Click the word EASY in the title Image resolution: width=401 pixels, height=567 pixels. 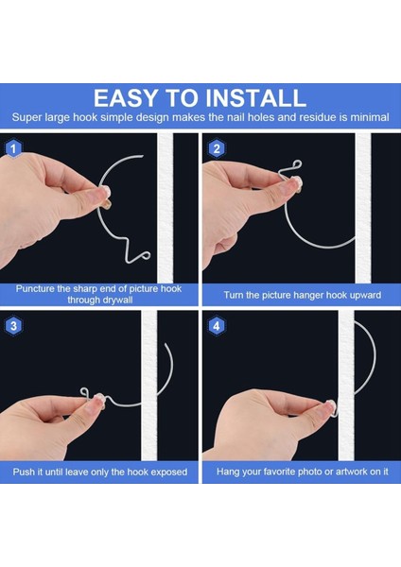126,98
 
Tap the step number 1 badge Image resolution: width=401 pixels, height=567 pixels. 14,149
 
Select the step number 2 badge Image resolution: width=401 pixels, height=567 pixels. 217,149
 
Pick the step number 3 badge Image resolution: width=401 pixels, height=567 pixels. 14,326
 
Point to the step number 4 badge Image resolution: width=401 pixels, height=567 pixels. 217,326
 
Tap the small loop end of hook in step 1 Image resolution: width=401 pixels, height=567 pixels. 145,256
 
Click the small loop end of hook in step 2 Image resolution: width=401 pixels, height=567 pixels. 298,164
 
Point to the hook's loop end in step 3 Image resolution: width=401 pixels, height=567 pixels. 84,392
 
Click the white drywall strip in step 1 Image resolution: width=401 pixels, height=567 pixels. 166,208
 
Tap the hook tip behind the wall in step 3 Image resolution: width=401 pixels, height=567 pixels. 166,344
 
